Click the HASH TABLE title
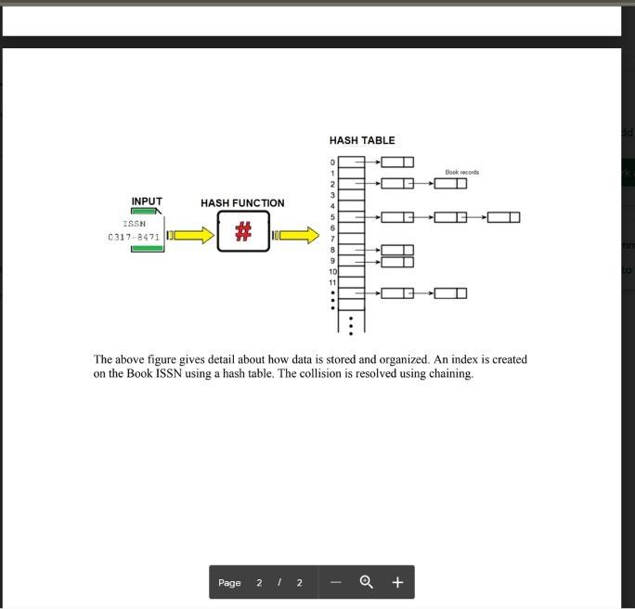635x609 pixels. pyautogui.click(x=361, y=140)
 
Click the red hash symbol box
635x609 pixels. pyautogui.click(x=243, y=231)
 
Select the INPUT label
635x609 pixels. pyautogui.click(x=147, y=201)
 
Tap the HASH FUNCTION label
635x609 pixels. pyautogui.click(x=242, y=202)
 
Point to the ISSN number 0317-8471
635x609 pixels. pyautogui.click(x=134, y=237)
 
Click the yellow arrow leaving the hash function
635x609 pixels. pyautogui.click(x=298, y=235)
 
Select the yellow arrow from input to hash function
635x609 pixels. pyautogui.click(x=192, y=236)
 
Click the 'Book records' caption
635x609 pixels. pyautogui.click(x=462, y=172)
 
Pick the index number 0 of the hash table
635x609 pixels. pyautogui.click(x=332, y=162)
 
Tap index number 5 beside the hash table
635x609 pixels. pyautogui.click(x=332, y=217)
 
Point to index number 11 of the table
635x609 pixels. pyautogui.click(x=331, y=282)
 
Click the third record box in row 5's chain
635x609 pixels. pyautogui.click(x=503, y=217)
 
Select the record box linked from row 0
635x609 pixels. pyautogui.click(x=397, y=162)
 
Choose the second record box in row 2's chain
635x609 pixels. pyautogui.click(x=450, y=184)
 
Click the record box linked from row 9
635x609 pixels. pyautogui.click(x=397, y=262)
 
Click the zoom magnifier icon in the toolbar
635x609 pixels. pyautogui.click(x=366, y=582)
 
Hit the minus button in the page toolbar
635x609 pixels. pyautogui.click(x=336, y=582)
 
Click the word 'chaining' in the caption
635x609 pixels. pyautogui.click(x=450, y=374)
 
